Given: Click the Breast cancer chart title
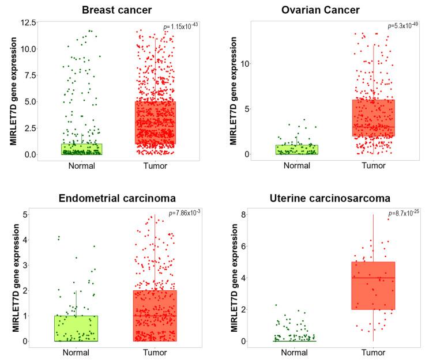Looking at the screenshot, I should pyautogui.click(x=117, y=10).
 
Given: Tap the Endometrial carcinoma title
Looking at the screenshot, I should pyautogui.click(x=117, y=198).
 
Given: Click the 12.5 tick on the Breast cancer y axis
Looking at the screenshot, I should pyautogui.click(x=28, y=22).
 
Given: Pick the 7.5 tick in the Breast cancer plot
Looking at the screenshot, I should pyautogui.click(x=30, y=75).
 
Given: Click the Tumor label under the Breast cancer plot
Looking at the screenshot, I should pyautogui.click(x=156, y=166).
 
